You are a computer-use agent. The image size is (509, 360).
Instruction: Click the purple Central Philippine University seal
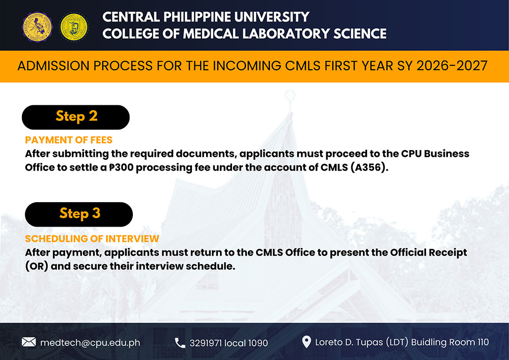click(37, 27)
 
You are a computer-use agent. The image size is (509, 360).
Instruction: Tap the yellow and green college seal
click(74, 27)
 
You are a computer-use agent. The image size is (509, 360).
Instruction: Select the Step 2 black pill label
click(76, 117)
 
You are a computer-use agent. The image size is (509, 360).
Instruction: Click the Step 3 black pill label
click(79, 214)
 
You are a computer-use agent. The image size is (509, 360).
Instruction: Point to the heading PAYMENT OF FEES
click(69, 140)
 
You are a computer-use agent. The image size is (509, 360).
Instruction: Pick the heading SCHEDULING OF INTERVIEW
click(92, 239)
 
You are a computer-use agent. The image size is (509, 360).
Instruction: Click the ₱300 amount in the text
click(121, 168)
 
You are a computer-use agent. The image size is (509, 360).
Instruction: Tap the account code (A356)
click(370, 168)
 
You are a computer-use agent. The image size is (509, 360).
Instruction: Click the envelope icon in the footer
click(29, 342)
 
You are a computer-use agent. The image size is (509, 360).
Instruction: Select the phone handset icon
click(180, 343)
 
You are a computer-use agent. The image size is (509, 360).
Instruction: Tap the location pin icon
click(306, 342)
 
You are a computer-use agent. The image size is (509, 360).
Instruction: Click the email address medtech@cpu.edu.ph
click(90, 343)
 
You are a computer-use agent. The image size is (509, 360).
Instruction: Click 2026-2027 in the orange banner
click(452, 66)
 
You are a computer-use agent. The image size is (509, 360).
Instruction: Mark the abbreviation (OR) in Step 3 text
click(37, 266)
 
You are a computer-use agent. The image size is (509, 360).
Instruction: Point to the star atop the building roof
click(290, 96)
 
